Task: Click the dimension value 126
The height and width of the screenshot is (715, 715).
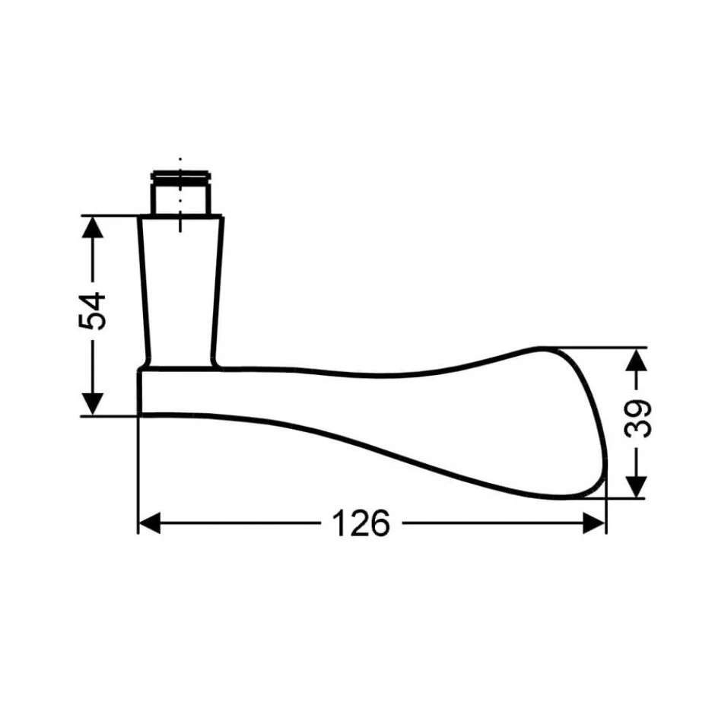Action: pyautogui.click(x=361, y=523)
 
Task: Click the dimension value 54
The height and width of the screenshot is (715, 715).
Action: pyautogui.click(x=92, y=310)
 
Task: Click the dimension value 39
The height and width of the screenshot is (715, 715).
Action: pyautogui.click(x=637, y=418)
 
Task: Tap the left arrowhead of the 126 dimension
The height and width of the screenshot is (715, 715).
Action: pyautogui.click(x=149, y=523)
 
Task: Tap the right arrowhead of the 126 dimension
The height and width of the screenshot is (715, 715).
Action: pyautogui.click(x=595, y=523)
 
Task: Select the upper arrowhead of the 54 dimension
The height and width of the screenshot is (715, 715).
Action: pyautogui.click(x=92, y=227)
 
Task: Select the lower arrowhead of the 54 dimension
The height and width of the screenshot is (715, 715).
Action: pyautogui.click(x=92, y=405)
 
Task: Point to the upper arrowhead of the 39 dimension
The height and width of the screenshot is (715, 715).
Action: pyautogui.click(x=637, y=359)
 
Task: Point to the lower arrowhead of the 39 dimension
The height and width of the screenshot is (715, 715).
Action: pyautogui.click(x=637, y=487)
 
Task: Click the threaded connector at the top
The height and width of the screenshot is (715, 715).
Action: pyautogui.click(x=180, y=193)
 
